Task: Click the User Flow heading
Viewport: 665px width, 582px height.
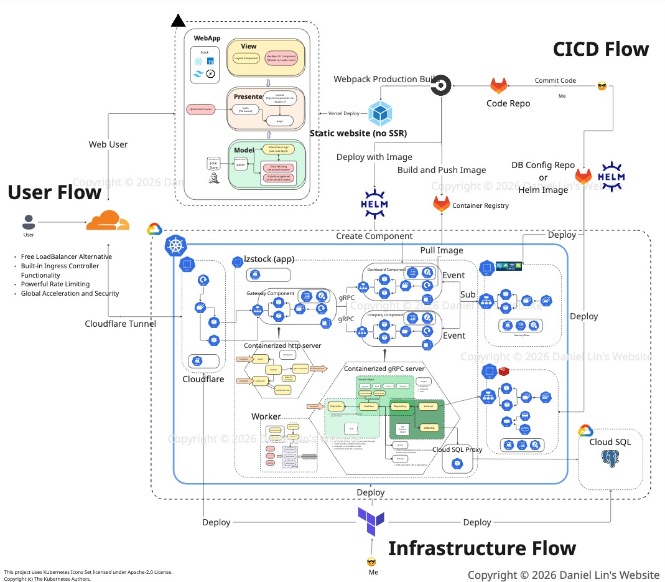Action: click(x=55, y=192)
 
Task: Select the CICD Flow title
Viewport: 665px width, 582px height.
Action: click(x=600, y=49)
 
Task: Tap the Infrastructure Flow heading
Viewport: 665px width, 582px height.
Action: click(x=482, y=548)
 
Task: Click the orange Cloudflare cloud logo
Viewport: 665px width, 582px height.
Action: click(x=108, y=221)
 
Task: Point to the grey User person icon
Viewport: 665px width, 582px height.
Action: click(x=29, y=222)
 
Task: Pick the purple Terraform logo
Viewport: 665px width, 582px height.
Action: click(x=371, y=522)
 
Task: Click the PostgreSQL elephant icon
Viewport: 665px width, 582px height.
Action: click(x=610, y=459)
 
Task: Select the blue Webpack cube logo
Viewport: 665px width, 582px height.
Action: click(x=379, y=113)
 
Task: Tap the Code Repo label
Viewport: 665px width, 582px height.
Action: click(x=508, y=103)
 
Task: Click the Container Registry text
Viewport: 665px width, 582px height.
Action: click(x=480, y=205)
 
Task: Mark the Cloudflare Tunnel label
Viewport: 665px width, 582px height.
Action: click(x=120, y=323)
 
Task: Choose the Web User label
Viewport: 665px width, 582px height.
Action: click(x=108, y=144)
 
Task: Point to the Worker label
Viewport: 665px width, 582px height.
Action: click(x=266, y=416)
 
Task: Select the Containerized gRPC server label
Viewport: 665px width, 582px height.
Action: click(x=384, y=369)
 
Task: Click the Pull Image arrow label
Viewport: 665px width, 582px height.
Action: click(x=442, y=250)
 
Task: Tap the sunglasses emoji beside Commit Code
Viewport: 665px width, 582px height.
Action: click(x=602, y=86)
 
